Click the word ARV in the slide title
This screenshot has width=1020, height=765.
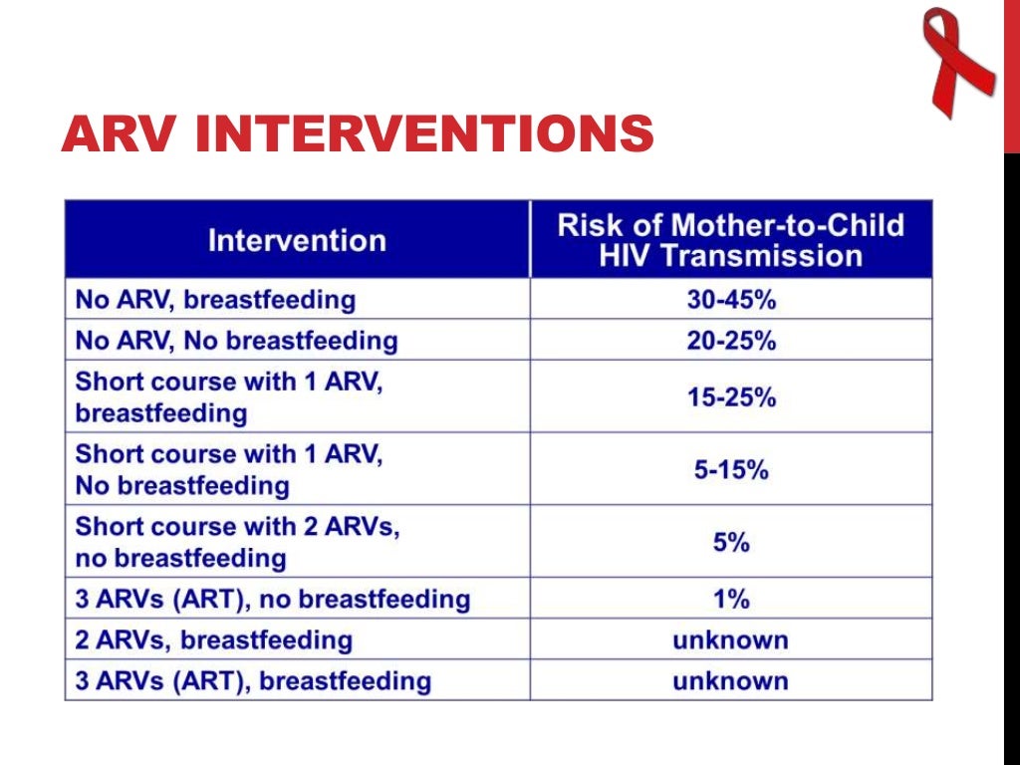pyautogui.click(x=119, y=134)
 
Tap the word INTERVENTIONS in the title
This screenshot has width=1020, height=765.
pyautogui.click(x=424, y=134)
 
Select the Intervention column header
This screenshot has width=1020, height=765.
pyautogui.click(x=297, y=240)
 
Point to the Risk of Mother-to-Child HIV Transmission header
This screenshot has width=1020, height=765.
pyautogui.click(x=730, y=240)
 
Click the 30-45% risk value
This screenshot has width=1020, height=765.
pyautogui.click(x=730, y=299)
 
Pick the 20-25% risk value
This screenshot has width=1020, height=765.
pyautogui.click(x=730, y=340)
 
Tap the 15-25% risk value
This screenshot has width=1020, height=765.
pyautogui.click(x=730, y=396)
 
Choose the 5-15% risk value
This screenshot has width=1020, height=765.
pyautogui.click(x=730, y=469)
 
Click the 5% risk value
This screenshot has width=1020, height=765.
pyautogui.click(x=730, y=542)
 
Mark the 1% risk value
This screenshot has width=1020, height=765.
pyautogui.click(x=730, y=599)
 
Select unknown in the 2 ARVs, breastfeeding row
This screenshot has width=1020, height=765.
pyautogui.click(x=730, y=639)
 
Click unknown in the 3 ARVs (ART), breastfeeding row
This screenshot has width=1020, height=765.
pyautogui.click(x=730, y=681)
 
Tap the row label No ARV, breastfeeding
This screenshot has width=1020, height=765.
pyautogui.click(x=215, y=299)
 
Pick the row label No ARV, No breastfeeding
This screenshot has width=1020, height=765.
pyautogui.click(x=236, y=341)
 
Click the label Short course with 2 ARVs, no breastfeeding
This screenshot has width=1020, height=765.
pyautogui.click(x=237, y=542)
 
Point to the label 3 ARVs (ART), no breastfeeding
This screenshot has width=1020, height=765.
pyautogui.click(x=272, y=600)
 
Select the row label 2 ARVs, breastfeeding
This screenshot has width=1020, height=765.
pyautogui.click(x=213, y=640)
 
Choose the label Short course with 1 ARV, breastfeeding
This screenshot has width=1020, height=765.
pyautogui.click(x=228, y=396)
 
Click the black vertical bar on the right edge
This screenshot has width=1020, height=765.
pyautogui.click(x=1011, y=458)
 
